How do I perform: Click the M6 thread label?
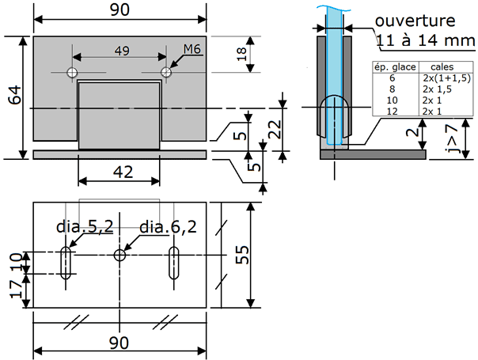(x=192, y=51)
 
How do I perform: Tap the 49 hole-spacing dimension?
(x=122, y=51)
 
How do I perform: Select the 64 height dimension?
(x=13, y=97)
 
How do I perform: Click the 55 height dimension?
(x=242, y=254)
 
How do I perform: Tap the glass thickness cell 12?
(x=389, y=112)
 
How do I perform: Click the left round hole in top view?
(x=72, y=73)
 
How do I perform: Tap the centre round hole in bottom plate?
(x=119, y=255)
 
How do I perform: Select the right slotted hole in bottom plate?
(x=174, y=263)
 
